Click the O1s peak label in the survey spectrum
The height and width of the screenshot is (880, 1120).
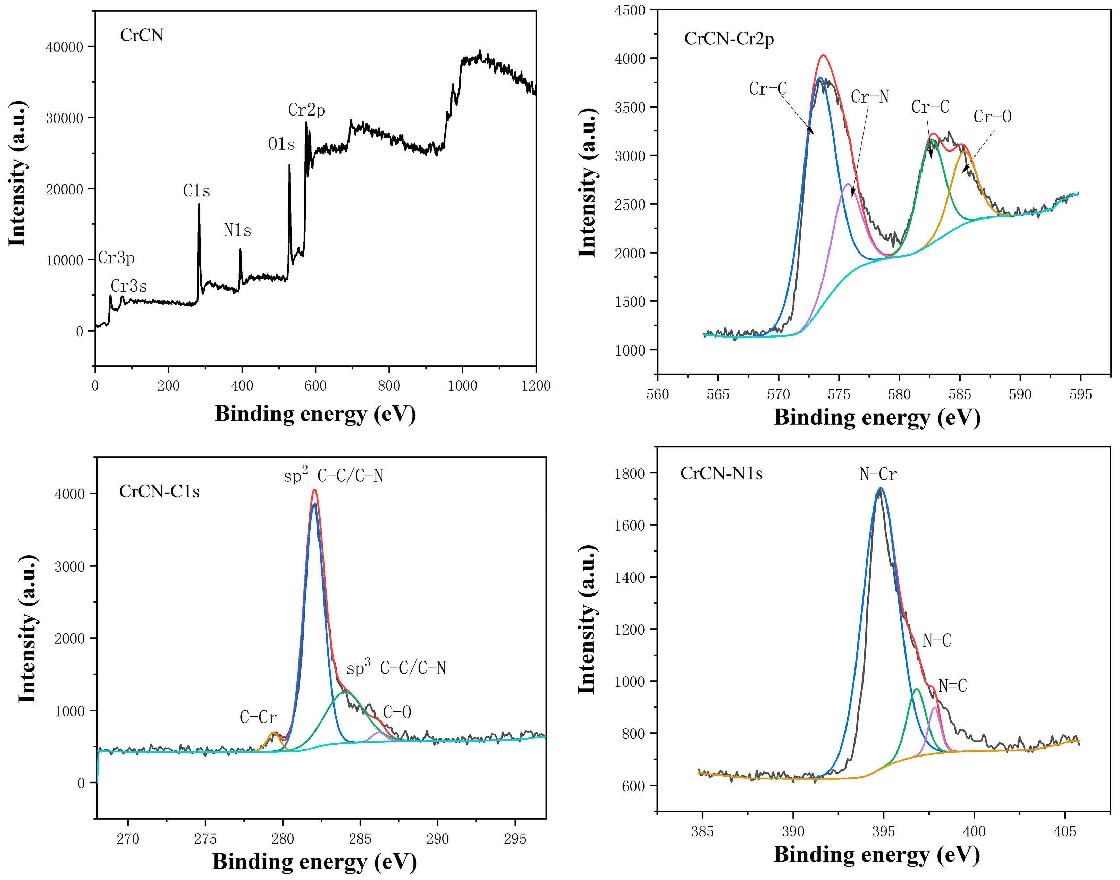(281, 144)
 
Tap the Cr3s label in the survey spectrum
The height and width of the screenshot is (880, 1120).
(129, 286)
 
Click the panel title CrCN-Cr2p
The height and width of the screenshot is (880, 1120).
(729, 39)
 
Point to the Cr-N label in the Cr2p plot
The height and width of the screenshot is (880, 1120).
(869, 97)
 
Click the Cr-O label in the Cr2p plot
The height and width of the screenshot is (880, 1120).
(992, 117)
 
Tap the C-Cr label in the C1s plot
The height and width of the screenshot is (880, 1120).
(258, 717)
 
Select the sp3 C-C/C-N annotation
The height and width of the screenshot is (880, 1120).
(396, 668)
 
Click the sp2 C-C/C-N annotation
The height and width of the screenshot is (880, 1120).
(334, 475)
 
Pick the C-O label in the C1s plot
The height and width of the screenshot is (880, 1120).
(397, 712)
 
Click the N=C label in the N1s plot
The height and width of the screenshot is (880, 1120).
(952, 686)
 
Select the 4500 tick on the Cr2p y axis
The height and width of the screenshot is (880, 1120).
(630, 10)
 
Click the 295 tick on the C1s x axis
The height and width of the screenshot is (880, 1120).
(515, 839)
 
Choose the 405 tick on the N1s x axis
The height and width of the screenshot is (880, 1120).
(1065, 831)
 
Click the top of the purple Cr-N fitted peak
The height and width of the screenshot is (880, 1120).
(847, 184)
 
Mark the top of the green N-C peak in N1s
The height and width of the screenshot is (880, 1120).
(916, 689)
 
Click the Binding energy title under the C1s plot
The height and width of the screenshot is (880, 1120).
(314, 862)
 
